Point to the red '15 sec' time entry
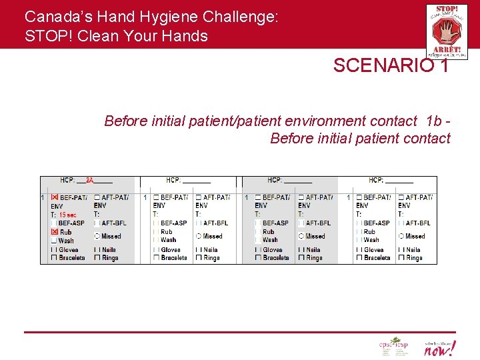pos(67,215)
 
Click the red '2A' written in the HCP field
pos(89,180)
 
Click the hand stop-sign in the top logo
pos(446,31)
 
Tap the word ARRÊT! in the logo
pos(446,49)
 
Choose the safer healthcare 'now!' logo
pos(439,347)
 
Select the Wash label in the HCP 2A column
pos(66,241)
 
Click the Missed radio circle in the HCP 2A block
pos(97,236)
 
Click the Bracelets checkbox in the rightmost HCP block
pos(359,258)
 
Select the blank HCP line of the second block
pos(196,180)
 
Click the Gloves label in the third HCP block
pos(273,250)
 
